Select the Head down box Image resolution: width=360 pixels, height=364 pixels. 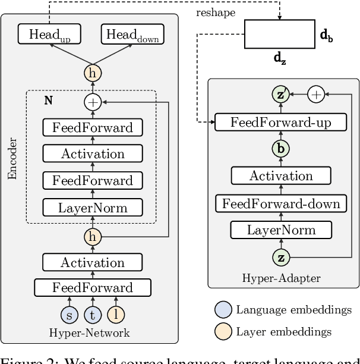tap(132, 35)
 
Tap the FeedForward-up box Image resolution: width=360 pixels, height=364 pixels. tap(281, 123)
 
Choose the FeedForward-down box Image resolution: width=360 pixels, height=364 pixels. tap(281, 203)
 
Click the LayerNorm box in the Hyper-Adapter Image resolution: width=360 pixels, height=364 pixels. tap(281, 230)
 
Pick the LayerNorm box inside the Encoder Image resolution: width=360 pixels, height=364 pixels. tap(92, 207)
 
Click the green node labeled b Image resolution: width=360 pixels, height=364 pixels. tap(280, 149)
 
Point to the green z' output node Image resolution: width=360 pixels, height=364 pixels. tap(280, 95)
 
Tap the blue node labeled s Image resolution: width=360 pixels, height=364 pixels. tap(68, 315)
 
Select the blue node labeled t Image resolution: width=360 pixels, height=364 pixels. tap(92, 315)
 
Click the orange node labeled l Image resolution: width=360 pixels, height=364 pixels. tap(116, 315)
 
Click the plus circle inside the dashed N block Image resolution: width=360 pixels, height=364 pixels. tap(92, 102)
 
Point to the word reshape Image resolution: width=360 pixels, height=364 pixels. tap(216, 12)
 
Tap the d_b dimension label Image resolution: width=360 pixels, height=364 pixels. tap(326, 36)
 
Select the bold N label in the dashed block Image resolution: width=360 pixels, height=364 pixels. tap(48, 101)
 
